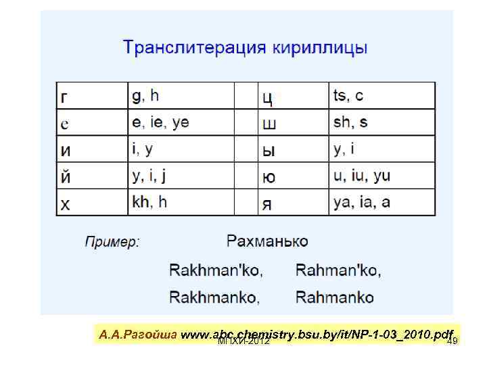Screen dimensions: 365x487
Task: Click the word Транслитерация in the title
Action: pos(195,49)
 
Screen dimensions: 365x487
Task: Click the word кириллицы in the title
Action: pos(320,49)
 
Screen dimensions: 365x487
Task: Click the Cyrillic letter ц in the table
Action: pos(267,98)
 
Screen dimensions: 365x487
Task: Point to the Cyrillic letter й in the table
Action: pos(65,176)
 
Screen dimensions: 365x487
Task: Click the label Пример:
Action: pos(112,242)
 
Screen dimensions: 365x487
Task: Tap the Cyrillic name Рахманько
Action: pos(267,241)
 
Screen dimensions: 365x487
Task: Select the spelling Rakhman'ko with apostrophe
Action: pos(216,271)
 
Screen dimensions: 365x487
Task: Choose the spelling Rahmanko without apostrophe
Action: pos(335,297)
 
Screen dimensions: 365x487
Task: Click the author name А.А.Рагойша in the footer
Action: pos(138,335)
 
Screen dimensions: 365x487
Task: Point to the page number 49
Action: pos(453,341)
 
